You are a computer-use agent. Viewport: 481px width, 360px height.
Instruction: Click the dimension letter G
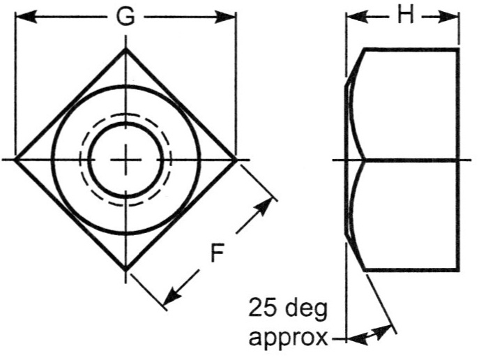[x=125, y=17]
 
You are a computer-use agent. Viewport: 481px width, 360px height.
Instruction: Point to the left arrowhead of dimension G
[x=22, y=17]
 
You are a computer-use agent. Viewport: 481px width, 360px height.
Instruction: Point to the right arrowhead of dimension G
[x=230, y=17]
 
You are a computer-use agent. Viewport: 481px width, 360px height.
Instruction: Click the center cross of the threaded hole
[x=126, y=160]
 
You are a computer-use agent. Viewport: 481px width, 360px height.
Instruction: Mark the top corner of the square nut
[x=125, y=49]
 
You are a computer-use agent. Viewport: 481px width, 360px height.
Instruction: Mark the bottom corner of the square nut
[x=125, y=270]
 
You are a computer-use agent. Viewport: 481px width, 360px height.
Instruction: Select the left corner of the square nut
[x=15, y=160]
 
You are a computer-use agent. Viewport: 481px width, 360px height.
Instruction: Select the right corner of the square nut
[x=236, y=160]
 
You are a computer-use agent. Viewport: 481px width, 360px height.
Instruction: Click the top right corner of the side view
[x=459, y=50]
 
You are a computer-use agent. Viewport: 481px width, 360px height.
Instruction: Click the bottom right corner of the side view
[x=459, y=270]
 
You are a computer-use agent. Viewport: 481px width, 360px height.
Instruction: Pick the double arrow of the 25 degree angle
[x=369, y=338]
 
